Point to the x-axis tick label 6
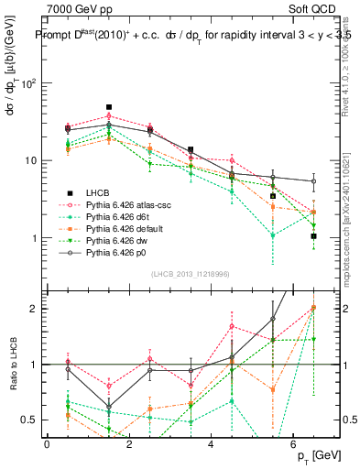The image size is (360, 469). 292,444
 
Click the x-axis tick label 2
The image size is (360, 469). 128,444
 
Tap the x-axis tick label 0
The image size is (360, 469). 47,444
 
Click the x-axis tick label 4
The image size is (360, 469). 211,444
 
